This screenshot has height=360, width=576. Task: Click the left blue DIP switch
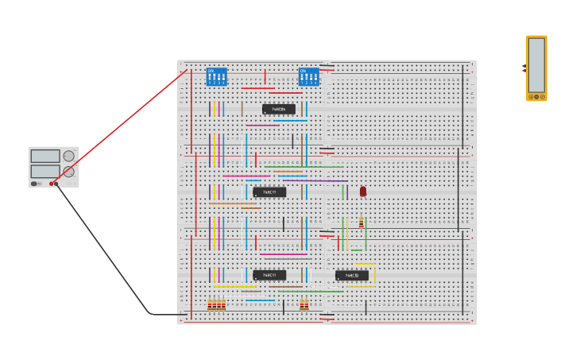coord(216,76)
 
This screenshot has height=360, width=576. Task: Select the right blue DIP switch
coord(308,76)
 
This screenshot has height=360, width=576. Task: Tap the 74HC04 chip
coord(278,109)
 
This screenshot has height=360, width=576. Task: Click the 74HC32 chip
coord(351,276)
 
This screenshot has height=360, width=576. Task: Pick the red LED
coord(363,192)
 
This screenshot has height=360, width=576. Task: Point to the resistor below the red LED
coord(361,223)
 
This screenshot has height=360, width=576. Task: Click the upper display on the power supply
coord(45,156)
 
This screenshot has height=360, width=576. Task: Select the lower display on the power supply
coord(45,171)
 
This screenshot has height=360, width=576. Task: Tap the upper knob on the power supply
coord(69,156)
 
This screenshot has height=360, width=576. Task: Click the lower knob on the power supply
coord(69,172)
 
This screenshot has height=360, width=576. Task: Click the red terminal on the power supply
coord(52,184)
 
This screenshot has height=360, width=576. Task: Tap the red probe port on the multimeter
coord(524,71)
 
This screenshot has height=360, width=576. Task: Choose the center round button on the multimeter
coord(536,97)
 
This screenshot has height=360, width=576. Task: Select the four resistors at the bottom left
coord(217,304)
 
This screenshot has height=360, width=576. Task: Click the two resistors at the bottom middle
coord(304,304)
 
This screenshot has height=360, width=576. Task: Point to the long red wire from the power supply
coord(119,127)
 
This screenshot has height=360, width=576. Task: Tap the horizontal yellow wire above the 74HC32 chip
coord(365,264)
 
